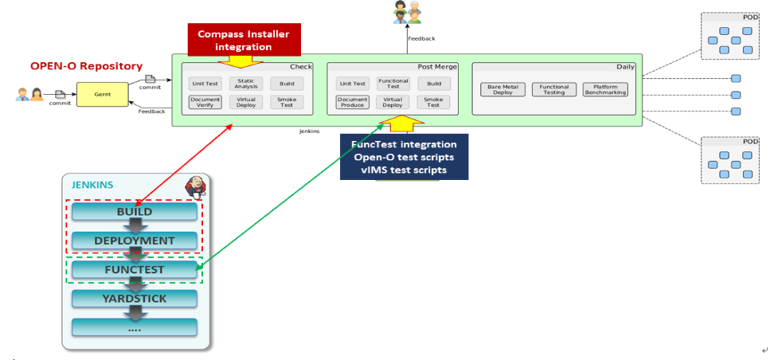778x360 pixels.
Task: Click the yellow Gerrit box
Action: coord(103,93)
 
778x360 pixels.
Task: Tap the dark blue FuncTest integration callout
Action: coord(404,157)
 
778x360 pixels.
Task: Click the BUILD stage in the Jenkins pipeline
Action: coord(134,212)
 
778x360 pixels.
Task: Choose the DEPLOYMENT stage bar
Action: coord(134,241)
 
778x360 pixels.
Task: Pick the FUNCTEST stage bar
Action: coord(134,270)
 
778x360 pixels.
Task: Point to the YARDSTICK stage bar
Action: coord(134,299)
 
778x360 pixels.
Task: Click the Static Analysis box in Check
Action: coord(245,83)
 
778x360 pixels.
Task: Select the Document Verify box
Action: coord(205,102)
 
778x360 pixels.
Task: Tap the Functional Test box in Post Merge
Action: coord(393,83)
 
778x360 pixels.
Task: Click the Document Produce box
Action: coord(352,102)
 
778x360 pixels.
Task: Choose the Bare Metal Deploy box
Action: coord(502,89)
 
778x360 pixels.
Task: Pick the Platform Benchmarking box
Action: coord(605,89)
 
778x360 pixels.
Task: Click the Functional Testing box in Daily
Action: coord(553,89)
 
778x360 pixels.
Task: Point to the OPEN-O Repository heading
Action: coord(86,66)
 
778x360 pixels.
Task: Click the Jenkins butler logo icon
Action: coord(196,186)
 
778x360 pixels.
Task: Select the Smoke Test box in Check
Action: coord(287,102)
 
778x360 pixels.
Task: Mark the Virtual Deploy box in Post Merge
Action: coord(393,102)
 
